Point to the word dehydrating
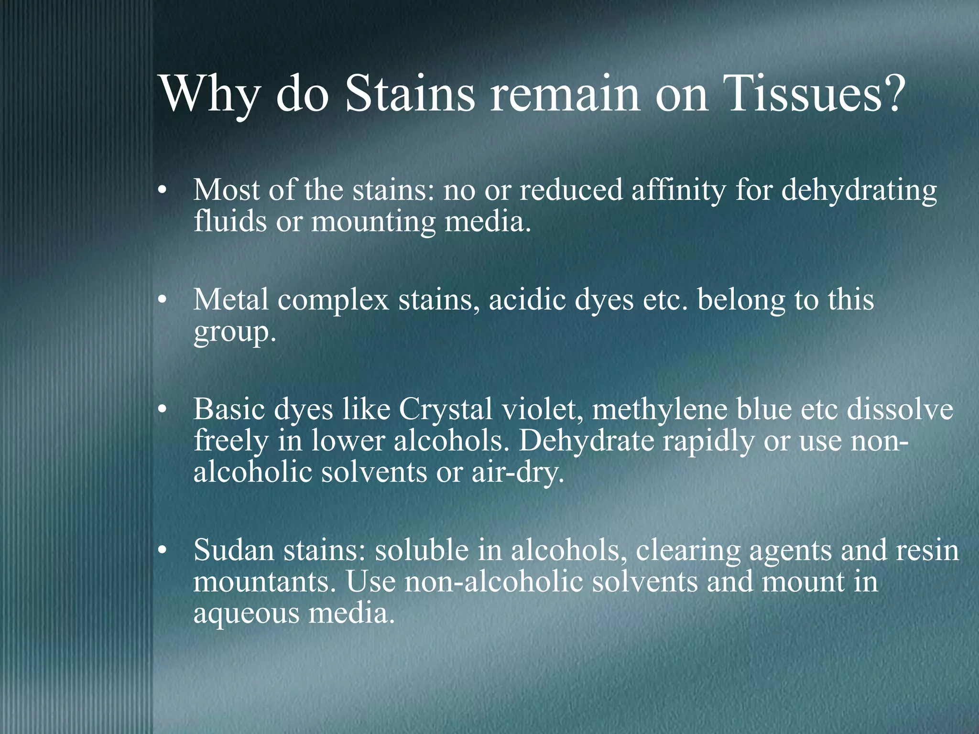click(x=859, y=190)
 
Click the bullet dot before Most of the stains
click(x=163, y=192)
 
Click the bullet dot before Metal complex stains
click(x=163, y=301)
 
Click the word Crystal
click(x=445, y=410)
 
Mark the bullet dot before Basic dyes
click(x=163, y=410)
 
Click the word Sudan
click(x=234, y=550)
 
